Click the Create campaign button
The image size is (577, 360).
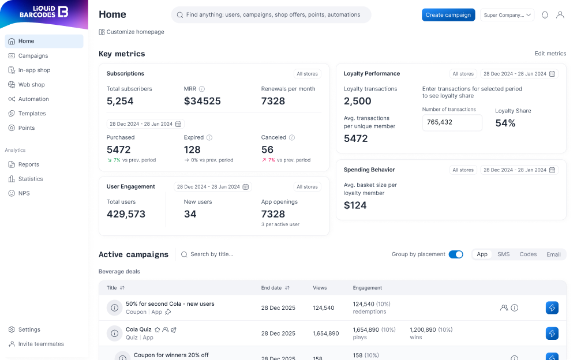pyautogui.click(x=448, y=15)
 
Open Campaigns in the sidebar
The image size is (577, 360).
pyautogui.click(x=33, y=56)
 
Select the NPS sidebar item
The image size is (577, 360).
pyautogui.click(x=24, y=193)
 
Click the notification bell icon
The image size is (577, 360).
pyautogui.click(x=545, y=15)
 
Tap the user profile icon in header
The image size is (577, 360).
pyautogui.click(x=560, y=15)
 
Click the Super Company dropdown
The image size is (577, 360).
pyautogui.click(x=507, y=15)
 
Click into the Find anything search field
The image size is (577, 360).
pyautogui.click(x=271, y=15)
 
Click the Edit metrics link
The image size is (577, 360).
pyautogui.click(x=550, y=54)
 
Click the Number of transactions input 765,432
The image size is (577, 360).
pyautogui.click(x=452, y=122)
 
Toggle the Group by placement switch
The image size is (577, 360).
pyautogui.click(x=456, y=254)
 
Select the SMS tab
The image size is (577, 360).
pyautogui.click(x=503, y=254)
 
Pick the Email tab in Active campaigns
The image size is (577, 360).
pyautogui.click(x=553, y=254)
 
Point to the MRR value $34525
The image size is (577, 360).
pyautogui.click(x=203, y=102)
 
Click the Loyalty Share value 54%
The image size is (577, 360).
pyautogui.click(x=505, y=123)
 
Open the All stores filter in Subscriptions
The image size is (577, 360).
pyautogui.click(x=307, y=74)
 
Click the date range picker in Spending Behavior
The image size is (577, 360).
pyautogui.click(x=519, y=170)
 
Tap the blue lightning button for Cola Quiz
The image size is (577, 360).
pyautogui.click(x=552, y=333)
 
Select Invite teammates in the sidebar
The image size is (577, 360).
pyautogui.click(x=41, y=344)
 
